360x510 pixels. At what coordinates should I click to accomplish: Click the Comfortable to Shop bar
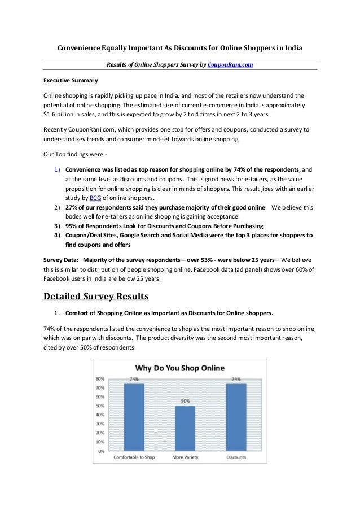(x=134, y=417)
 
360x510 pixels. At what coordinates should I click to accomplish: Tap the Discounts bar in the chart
(x=236, y=417)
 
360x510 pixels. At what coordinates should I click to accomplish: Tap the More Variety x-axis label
(x=185, y=457)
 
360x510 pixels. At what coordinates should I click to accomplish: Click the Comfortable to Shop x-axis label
(x=135, y=457)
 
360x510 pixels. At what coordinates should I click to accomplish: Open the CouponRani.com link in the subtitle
(x=230, y=65)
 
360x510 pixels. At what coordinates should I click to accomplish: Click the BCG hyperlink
(x=95, y=198)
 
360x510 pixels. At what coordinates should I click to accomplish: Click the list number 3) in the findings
(x=57, y=226)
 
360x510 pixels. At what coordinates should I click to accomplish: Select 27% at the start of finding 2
(x=73, y=208)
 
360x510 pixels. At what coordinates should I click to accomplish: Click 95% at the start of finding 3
(x=73, y=226)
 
